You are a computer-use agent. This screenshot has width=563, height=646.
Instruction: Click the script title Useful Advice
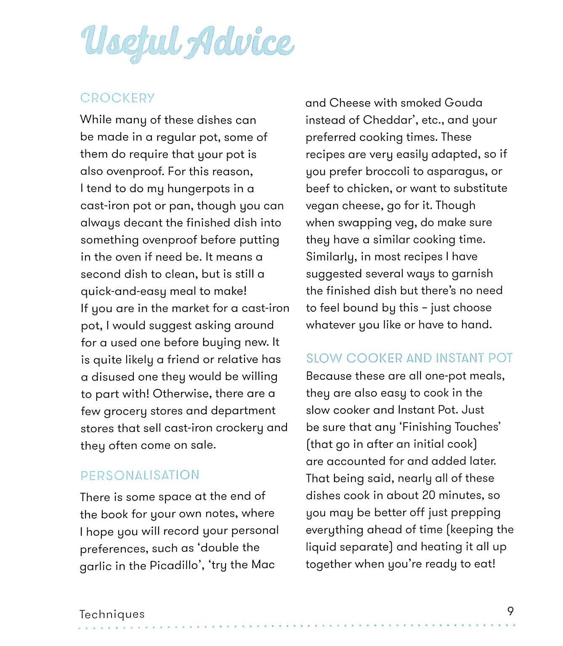[187, 42]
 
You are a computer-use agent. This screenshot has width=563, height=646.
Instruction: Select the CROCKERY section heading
[117, 98]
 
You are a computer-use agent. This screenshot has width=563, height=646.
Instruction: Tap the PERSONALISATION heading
[140, 475]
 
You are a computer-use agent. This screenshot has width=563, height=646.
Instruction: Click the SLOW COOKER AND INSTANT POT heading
[409, 358]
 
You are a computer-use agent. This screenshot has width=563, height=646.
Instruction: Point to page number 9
[510, 611]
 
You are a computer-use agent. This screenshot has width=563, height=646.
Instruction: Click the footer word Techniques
[112, 614]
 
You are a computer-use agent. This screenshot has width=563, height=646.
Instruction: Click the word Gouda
[463, 103]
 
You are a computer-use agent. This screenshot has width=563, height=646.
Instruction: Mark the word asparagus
[457, 172]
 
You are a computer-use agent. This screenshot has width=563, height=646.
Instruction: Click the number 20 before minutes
[428, 495]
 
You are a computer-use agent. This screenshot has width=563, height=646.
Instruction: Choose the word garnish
[472, 274]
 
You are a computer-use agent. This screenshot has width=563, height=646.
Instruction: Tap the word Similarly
[332, 257]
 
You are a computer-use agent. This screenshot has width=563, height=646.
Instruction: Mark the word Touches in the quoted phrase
[476, 427]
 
